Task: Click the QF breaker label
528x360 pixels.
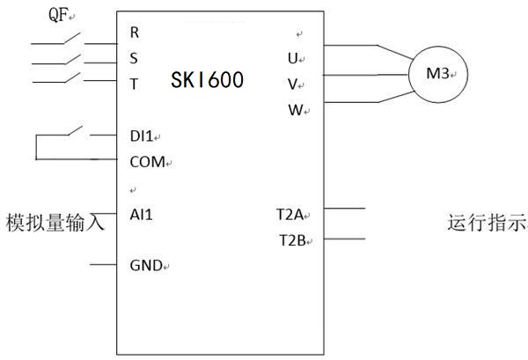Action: (x=59, y=13)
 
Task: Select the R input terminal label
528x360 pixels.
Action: (x=135, y=33)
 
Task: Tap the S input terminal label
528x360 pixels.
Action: (x=134, y=59)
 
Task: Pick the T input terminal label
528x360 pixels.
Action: (x=134, y=84)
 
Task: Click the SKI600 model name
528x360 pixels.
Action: (x=207, y=81)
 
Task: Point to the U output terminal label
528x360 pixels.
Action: (x=292, y=59)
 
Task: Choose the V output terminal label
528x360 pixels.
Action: (x=292, y=84)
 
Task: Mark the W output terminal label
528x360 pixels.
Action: (x=294, y=110)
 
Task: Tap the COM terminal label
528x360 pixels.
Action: (x=146, y=162)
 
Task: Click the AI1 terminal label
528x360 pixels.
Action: (x=141, y=213)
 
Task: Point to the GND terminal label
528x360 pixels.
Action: (x=145, y=265)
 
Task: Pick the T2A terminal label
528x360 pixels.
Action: (x=290, y=214)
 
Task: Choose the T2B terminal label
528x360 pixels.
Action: (x=290, y=240)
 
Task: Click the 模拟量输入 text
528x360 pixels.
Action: (x=55, y=221)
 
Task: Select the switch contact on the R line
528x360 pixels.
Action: (x=70, y=38)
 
